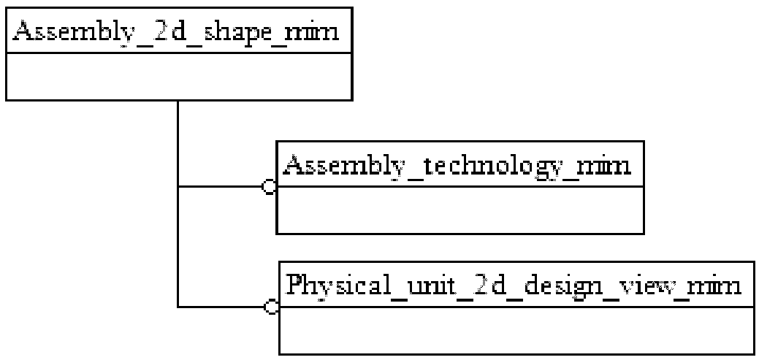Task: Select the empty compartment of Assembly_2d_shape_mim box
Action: click(179, 77)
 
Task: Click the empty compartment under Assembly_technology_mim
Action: click(459, 210)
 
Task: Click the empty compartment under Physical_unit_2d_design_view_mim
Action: click(515, 330)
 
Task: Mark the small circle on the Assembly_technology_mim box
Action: click(269, 187)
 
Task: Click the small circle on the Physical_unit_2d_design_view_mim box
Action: click(271, 307)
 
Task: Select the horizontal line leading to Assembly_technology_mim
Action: click(219, 187)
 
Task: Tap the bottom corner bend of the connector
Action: click(178, 307)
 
